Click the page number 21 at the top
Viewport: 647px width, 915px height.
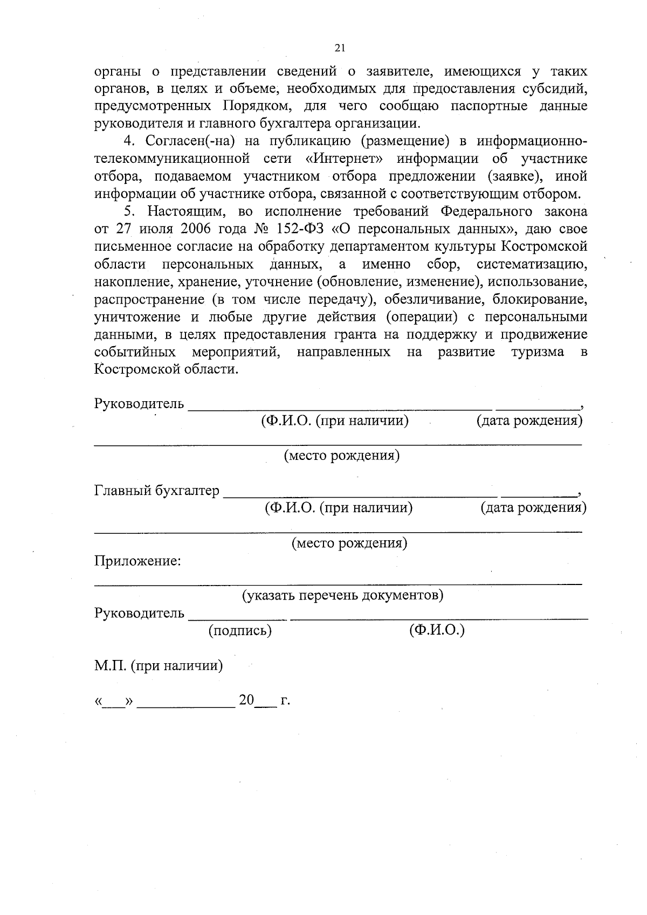tap(340, 48)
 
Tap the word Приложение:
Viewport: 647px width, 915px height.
tap(137, 561)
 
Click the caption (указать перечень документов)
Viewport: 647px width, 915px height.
tap(342, 595)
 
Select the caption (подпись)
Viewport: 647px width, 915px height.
tap(240, 630)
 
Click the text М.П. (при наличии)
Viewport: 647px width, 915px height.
tap(159, 665)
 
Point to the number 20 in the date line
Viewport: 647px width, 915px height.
tap(246, 700)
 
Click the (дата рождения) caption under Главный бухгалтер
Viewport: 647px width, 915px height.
tap(533, 507)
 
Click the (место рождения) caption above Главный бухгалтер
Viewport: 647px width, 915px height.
tap(342, 456)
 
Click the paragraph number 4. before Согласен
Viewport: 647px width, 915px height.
tap(128, 141)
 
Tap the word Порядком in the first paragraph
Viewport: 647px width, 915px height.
tap(254, 106)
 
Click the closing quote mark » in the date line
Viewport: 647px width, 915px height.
tap(128, 701)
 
